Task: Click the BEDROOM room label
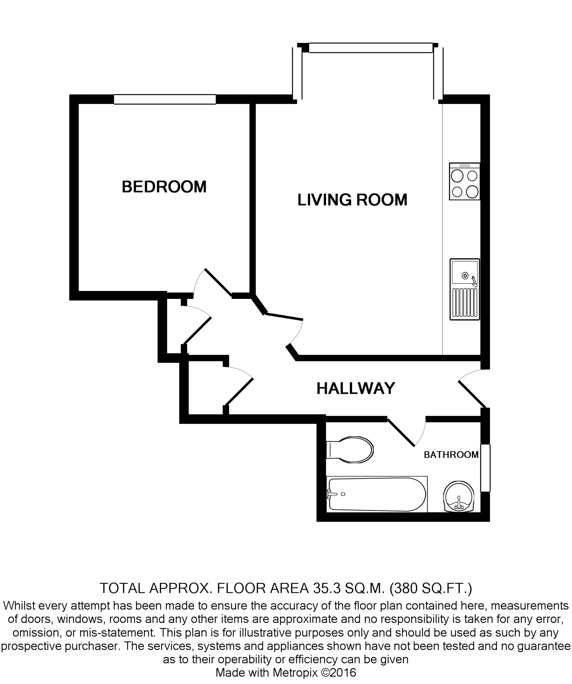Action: coord(164,187)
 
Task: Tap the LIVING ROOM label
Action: coord(352,200)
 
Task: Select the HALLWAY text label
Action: coord(356,388)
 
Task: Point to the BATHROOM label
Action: coord(451,455)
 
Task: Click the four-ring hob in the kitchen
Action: coord(465,181)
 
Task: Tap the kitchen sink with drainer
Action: coord(465,289)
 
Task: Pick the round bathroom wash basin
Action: coord(458,497)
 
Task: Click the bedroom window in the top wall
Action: coord(165,99)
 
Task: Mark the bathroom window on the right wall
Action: coord(485,468)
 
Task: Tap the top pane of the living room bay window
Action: coord(371,47)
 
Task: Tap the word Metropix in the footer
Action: coord(295,673)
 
